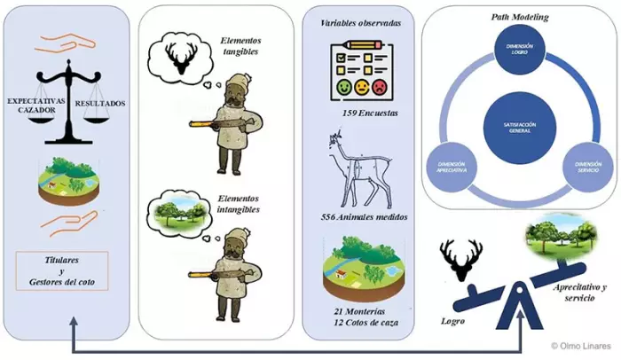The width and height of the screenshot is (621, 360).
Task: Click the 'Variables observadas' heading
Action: [358, 21]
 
